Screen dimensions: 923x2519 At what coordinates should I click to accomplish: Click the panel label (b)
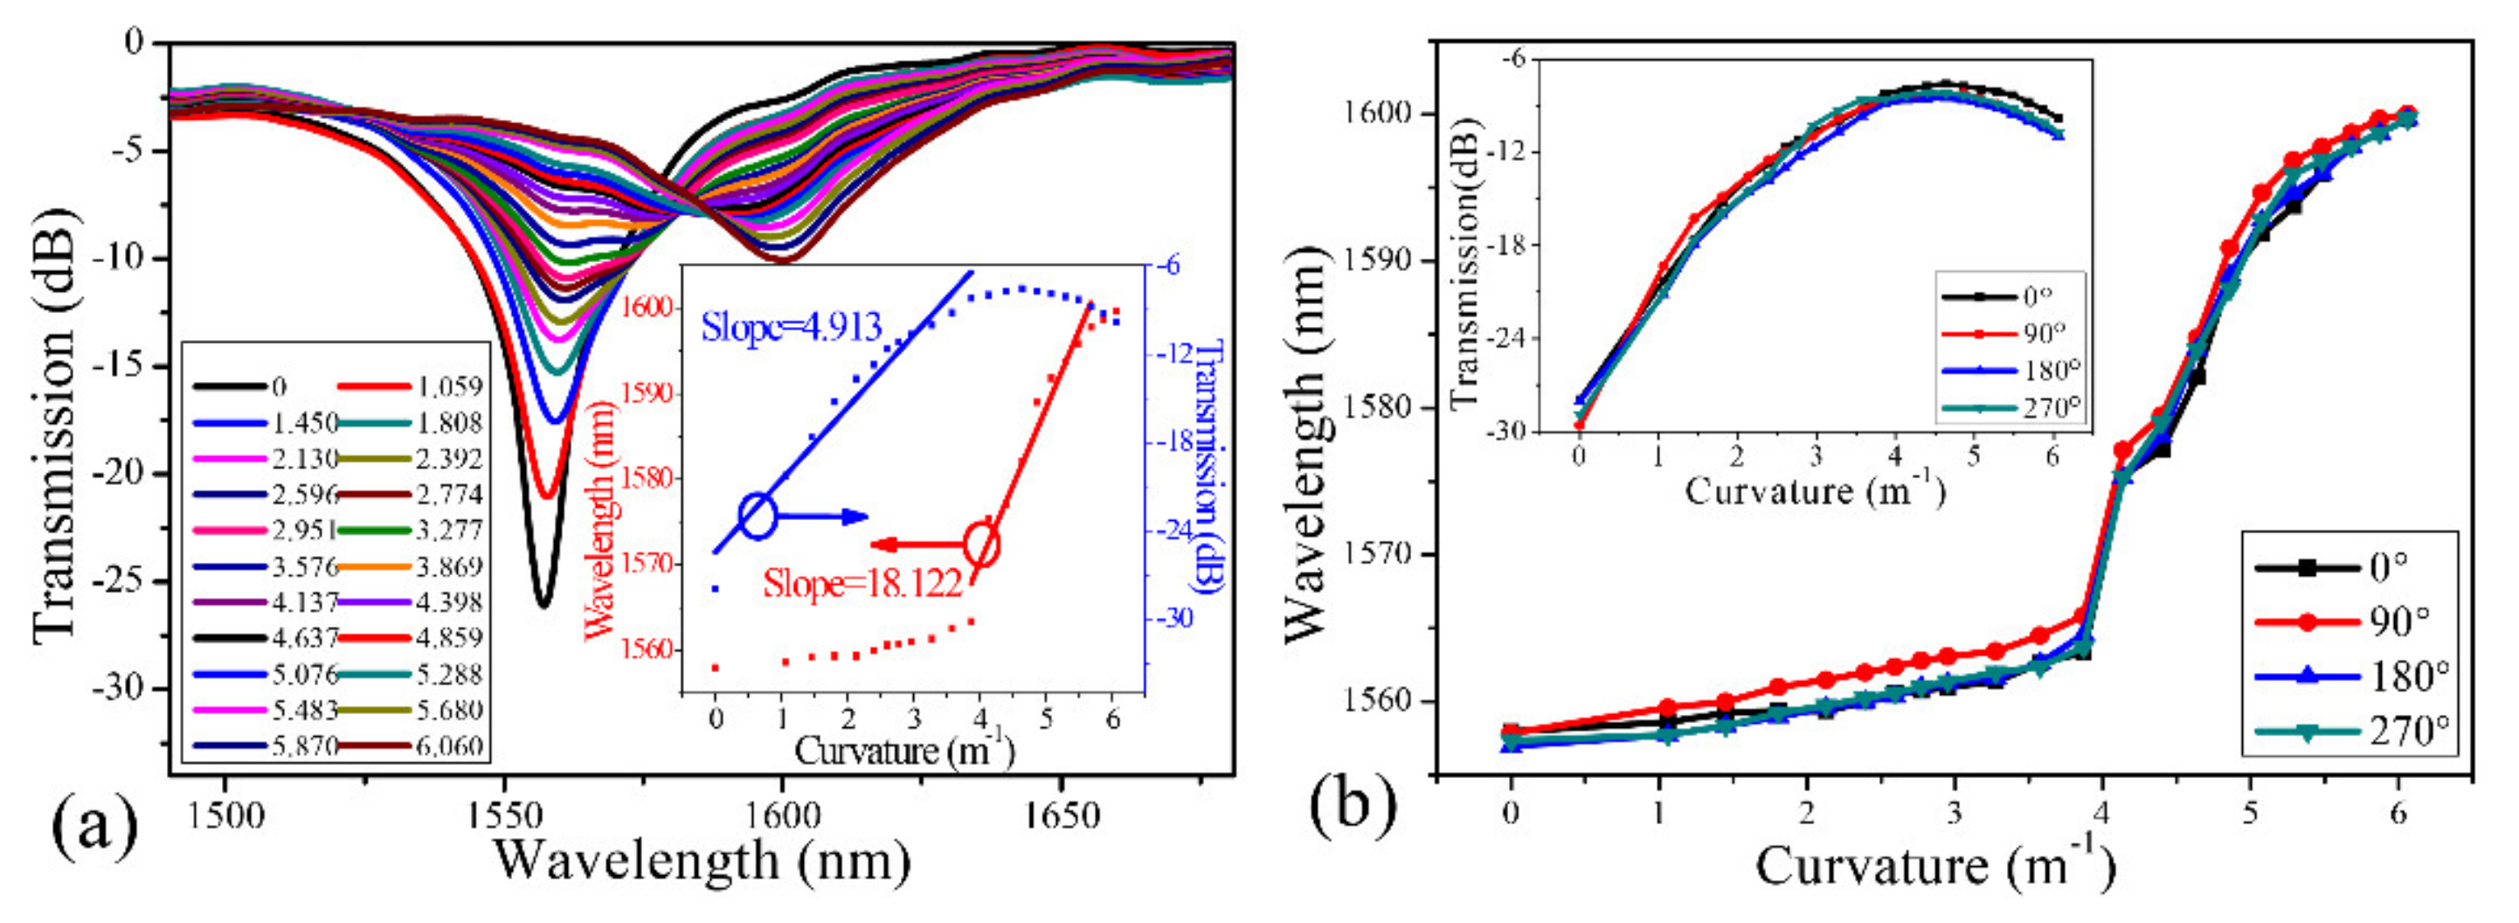click(1353, 805)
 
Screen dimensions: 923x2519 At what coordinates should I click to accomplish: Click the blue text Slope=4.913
click(791, 328)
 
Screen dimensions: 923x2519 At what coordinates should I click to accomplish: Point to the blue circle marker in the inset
click(758, 517)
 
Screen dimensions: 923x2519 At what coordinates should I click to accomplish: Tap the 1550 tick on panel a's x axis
click(502, 815)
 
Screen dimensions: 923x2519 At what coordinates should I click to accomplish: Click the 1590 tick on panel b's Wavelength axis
click(1381, 261)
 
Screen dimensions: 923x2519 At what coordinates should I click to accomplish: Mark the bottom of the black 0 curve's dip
click(543, 605)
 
